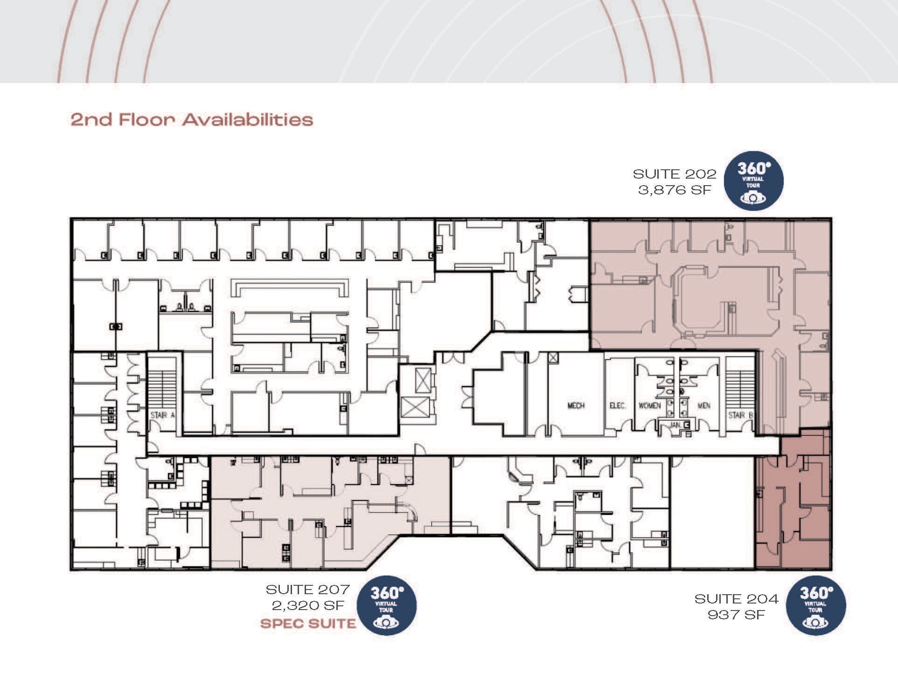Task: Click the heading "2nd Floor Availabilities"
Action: tap(192, 119)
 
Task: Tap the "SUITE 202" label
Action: tap(674, 174)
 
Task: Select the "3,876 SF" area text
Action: tap(675, 190)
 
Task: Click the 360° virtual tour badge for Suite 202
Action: tap(753, 180)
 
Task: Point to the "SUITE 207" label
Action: tap(307, 590)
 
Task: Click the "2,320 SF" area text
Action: tap(308, 605)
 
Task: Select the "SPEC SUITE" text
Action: tap(308, 624)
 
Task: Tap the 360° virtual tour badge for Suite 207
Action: tap(387, 605)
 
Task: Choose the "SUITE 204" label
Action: tap(736, 599)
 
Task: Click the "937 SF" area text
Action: tap(736, 615)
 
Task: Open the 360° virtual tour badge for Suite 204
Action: tap(816, 605)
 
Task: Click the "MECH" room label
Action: tap(576, 406)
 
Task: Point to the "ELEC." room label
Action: tap(618, 406)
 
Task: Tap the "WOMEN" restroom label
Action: tap(649, 406)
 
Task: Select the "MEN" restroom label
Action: tap(703, 406)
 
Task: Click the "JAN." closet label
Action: tap(676, 425)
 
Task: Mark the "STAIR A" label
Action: tap(163, 415)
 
